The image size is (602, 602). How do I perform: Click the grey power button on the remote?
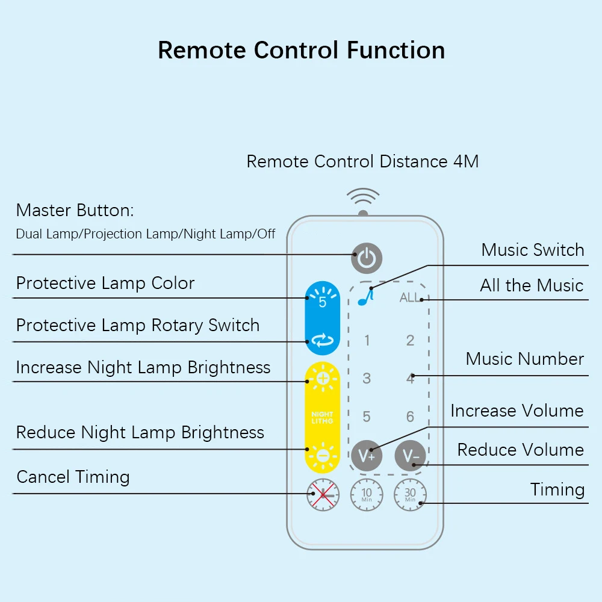coord(366,258)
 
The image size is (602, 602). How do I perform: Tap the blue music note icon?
coord(365,297)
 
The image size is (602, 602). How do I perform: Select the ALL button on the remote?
coord(410,297)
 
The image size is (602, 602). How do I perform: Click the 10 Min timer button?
coord(367,494)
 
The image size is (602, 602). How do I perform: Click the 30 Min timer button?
coord(410,494)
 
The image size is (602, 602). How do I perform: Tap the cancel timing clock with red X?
coord(323,494)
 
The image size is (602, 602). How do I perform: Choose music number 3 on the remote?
coord(367,378)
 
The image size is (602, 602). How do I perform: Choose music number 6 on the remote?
coord(410,417)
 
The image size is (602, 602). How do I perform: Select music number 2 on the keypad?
coord(410,340)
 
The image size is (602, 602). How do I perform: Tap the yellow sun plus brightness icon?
coord(323,378)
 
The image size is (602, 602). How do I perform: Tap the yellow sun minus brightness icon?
coord(323,456)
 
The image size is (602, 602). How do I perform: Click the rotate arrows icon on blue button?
coord(323,340)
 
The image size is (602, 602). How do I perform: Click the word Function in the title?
coord(396,51)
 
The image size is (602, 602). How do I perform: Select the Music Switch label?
coord(533,250)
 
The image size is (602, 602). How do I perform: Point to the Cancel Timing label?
coord(73,477)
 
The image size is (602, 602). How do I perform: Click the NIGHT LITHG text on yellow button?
coord(323,418)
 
